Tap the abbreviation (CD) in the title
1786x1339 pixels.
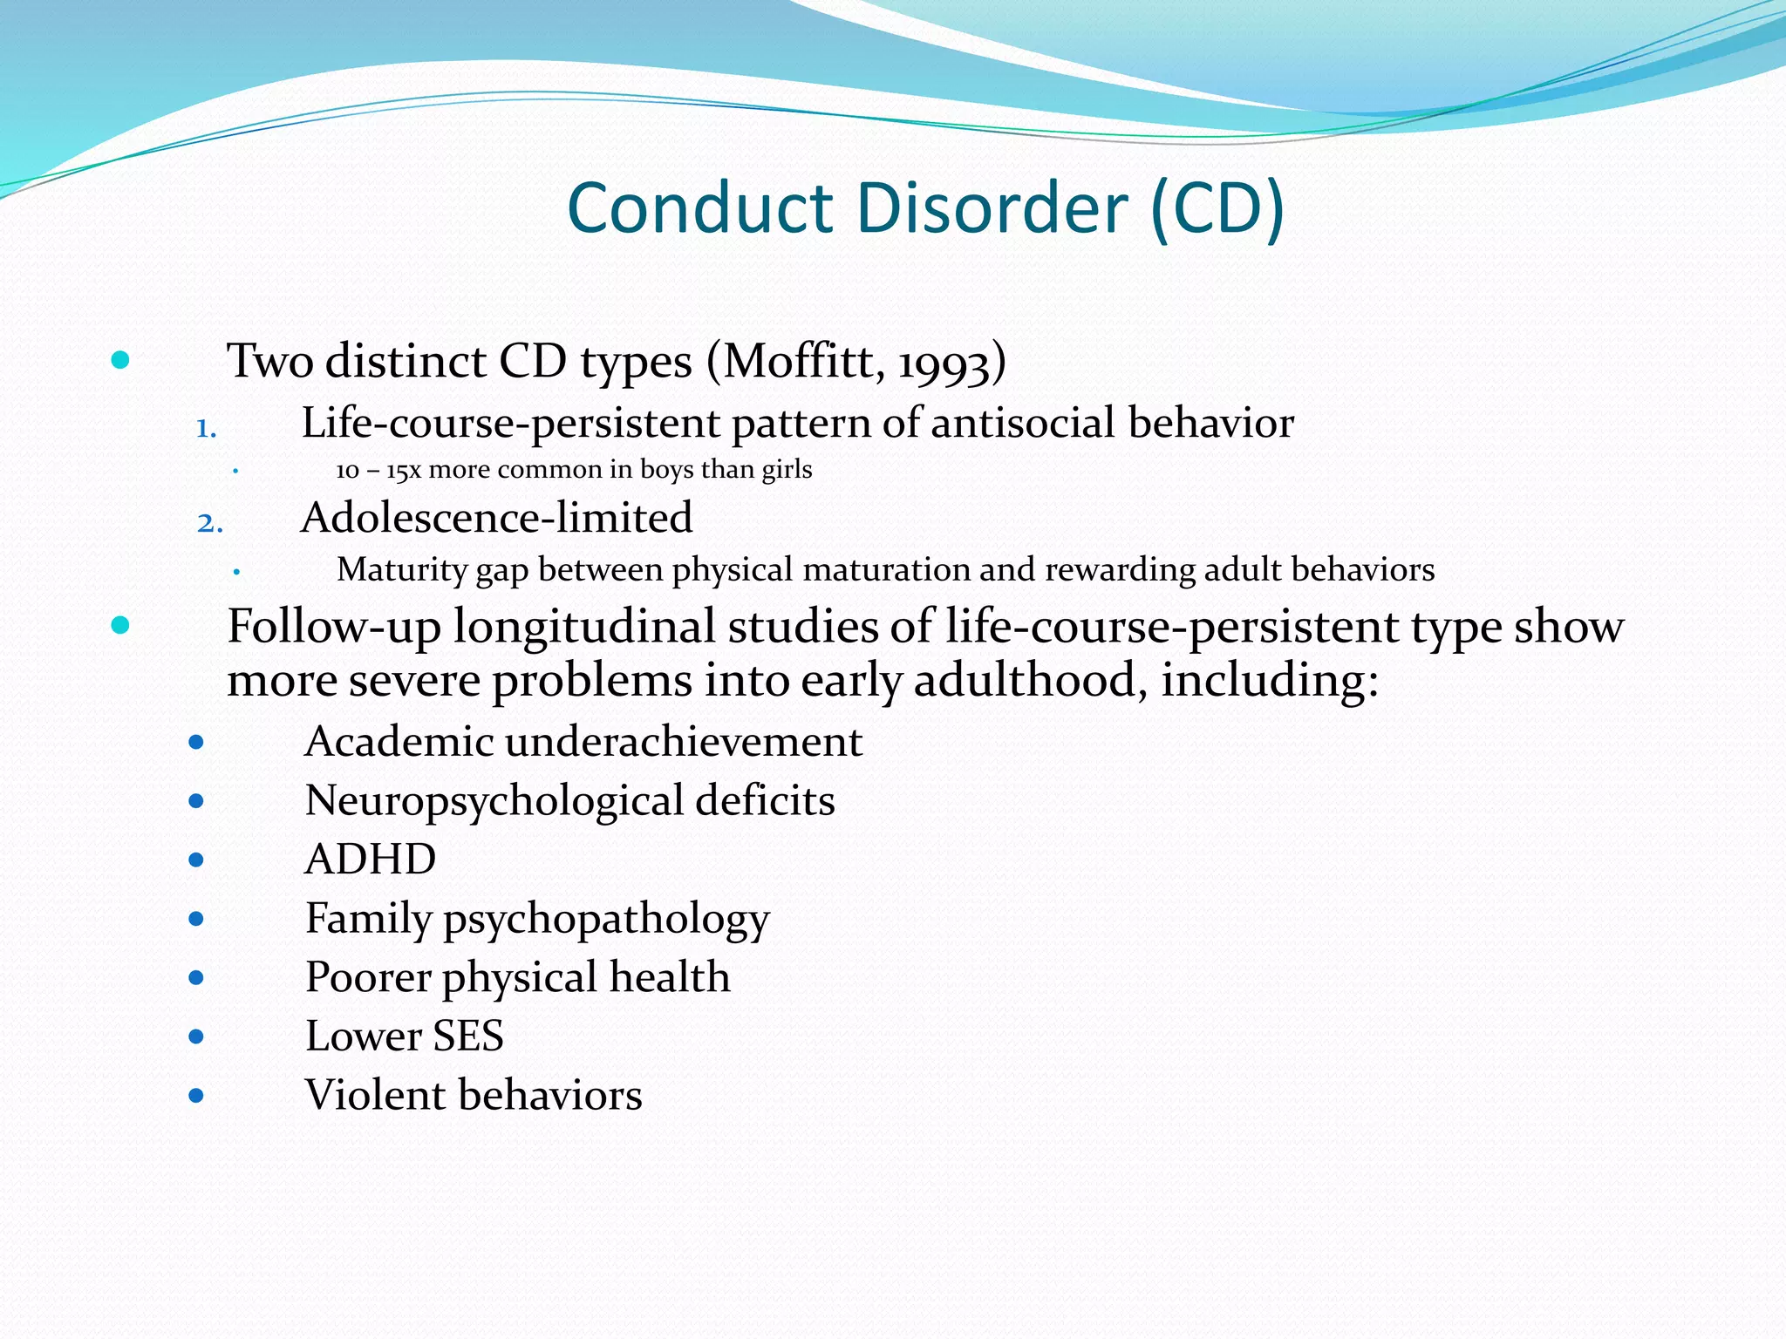[1217, 209]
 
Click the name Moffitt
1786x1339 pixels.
[801, 361]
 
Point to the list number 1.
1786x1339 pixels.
[206, 428]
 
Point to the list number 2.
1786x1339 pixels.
[209, 523]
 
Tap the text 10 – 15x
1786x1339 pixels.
[378, 471]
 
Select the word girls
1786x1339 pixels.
[787, 471]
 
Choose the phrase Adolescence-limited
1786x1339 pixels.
[496, 518]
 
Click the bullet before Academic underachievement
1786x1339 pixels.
[196, 743]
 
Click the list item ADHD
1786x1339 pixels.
[371, 860]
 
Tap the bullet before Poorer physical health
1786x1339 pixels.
[196, 978]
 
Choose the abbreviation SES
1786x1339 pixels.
[468, 1037]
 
